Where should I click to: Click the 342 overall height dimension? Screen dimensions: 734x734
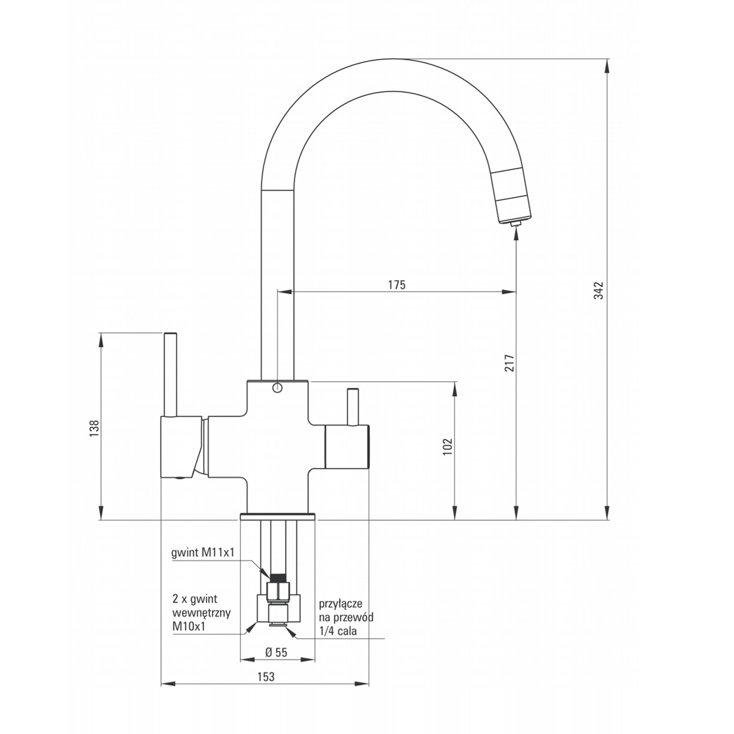(599, 291)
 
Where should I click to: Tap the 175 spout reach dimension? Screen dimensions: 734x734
(397, 284)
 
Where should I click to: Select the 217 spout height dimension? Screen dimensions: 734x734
(510, 363)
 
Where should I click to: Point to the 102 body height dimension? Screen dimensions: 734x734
(448, 447)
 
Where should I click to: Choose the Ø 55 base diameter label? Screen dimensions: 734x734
(276, 653)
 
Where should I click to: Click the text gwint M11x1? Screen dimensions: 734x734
(202, 564)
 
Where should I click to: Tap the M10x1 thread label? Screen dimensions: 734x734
(189, 626)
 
